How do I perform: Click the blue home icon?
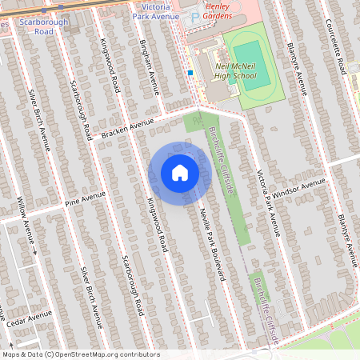click(x=180, y=172)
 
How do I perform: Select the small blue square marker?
click(x=190, y=73)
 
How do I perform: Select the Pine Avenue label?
click(x=85, y=199)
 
